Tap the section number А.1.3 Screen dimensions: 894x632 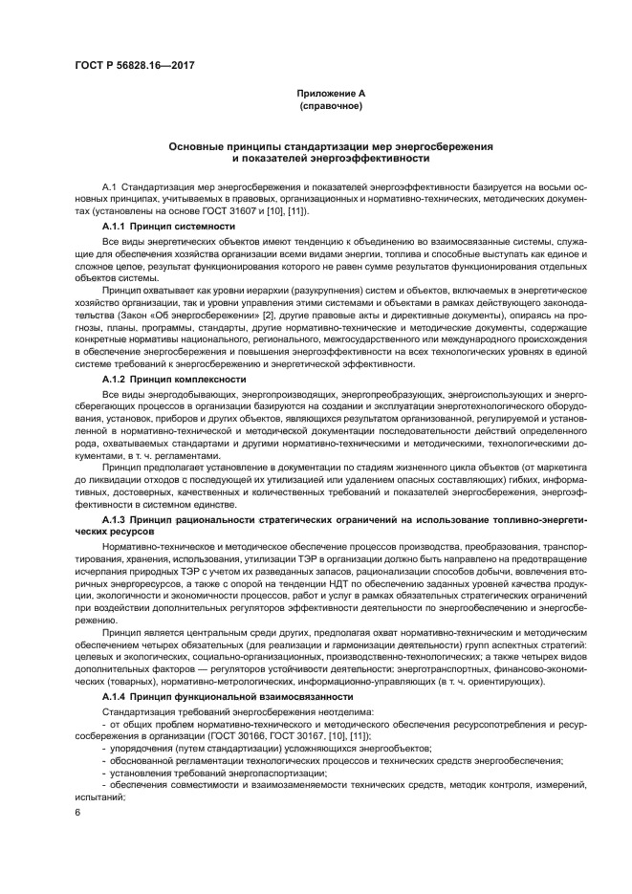click(x=117, y=517)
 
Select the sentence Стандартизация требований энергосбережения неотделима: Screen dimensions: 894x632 click(x=214, y=710)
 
